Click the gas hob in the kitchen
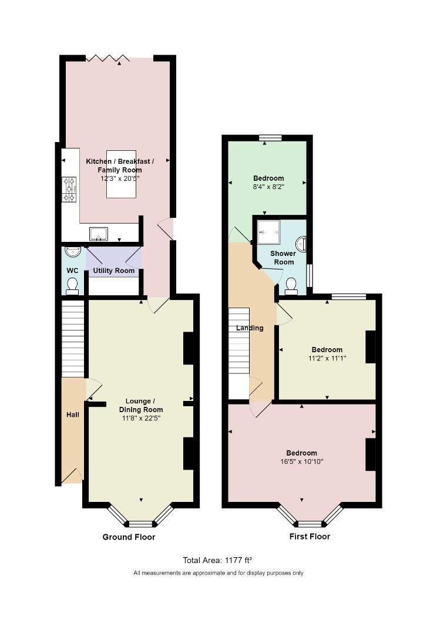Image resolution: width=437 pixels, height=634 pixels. [69, 189]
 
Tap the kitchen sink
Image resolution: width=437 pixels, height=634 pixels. [99, 234]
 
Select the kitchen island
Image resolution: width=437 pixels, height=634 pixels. [121, 174]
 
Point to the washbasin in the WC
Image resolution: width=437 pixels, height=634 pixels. [73, 251]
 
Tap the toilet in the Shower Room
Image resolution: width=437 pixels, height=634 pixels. [291, 286]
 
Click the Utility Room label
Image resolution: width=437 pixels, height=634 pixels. [114, 271]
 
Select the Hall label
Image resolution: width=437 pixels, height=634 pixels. [73, 414]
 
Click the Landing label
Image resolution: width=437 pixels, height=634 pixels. [250, 328]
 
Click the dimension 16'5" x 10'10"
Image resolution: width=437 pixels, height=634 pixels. [301, 461]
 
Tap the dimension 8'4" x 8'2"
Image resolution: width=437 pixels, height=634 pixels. [268, 187]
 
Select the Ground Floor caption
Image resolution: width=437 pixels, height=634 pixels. [129, 537]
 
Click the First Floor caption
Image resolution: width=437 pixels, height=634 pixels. [310, 537]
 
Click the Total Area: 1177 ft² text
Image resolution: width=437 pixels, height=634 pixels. [218, 560]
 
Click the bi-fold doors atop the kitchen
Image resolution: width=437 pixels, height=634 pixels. [107, 58]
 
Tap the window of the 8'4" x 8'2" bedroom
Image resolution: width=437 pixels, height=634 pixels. [270, 138]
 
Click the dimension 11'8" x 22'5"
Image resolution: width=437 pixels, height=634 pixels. [141, 419]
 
